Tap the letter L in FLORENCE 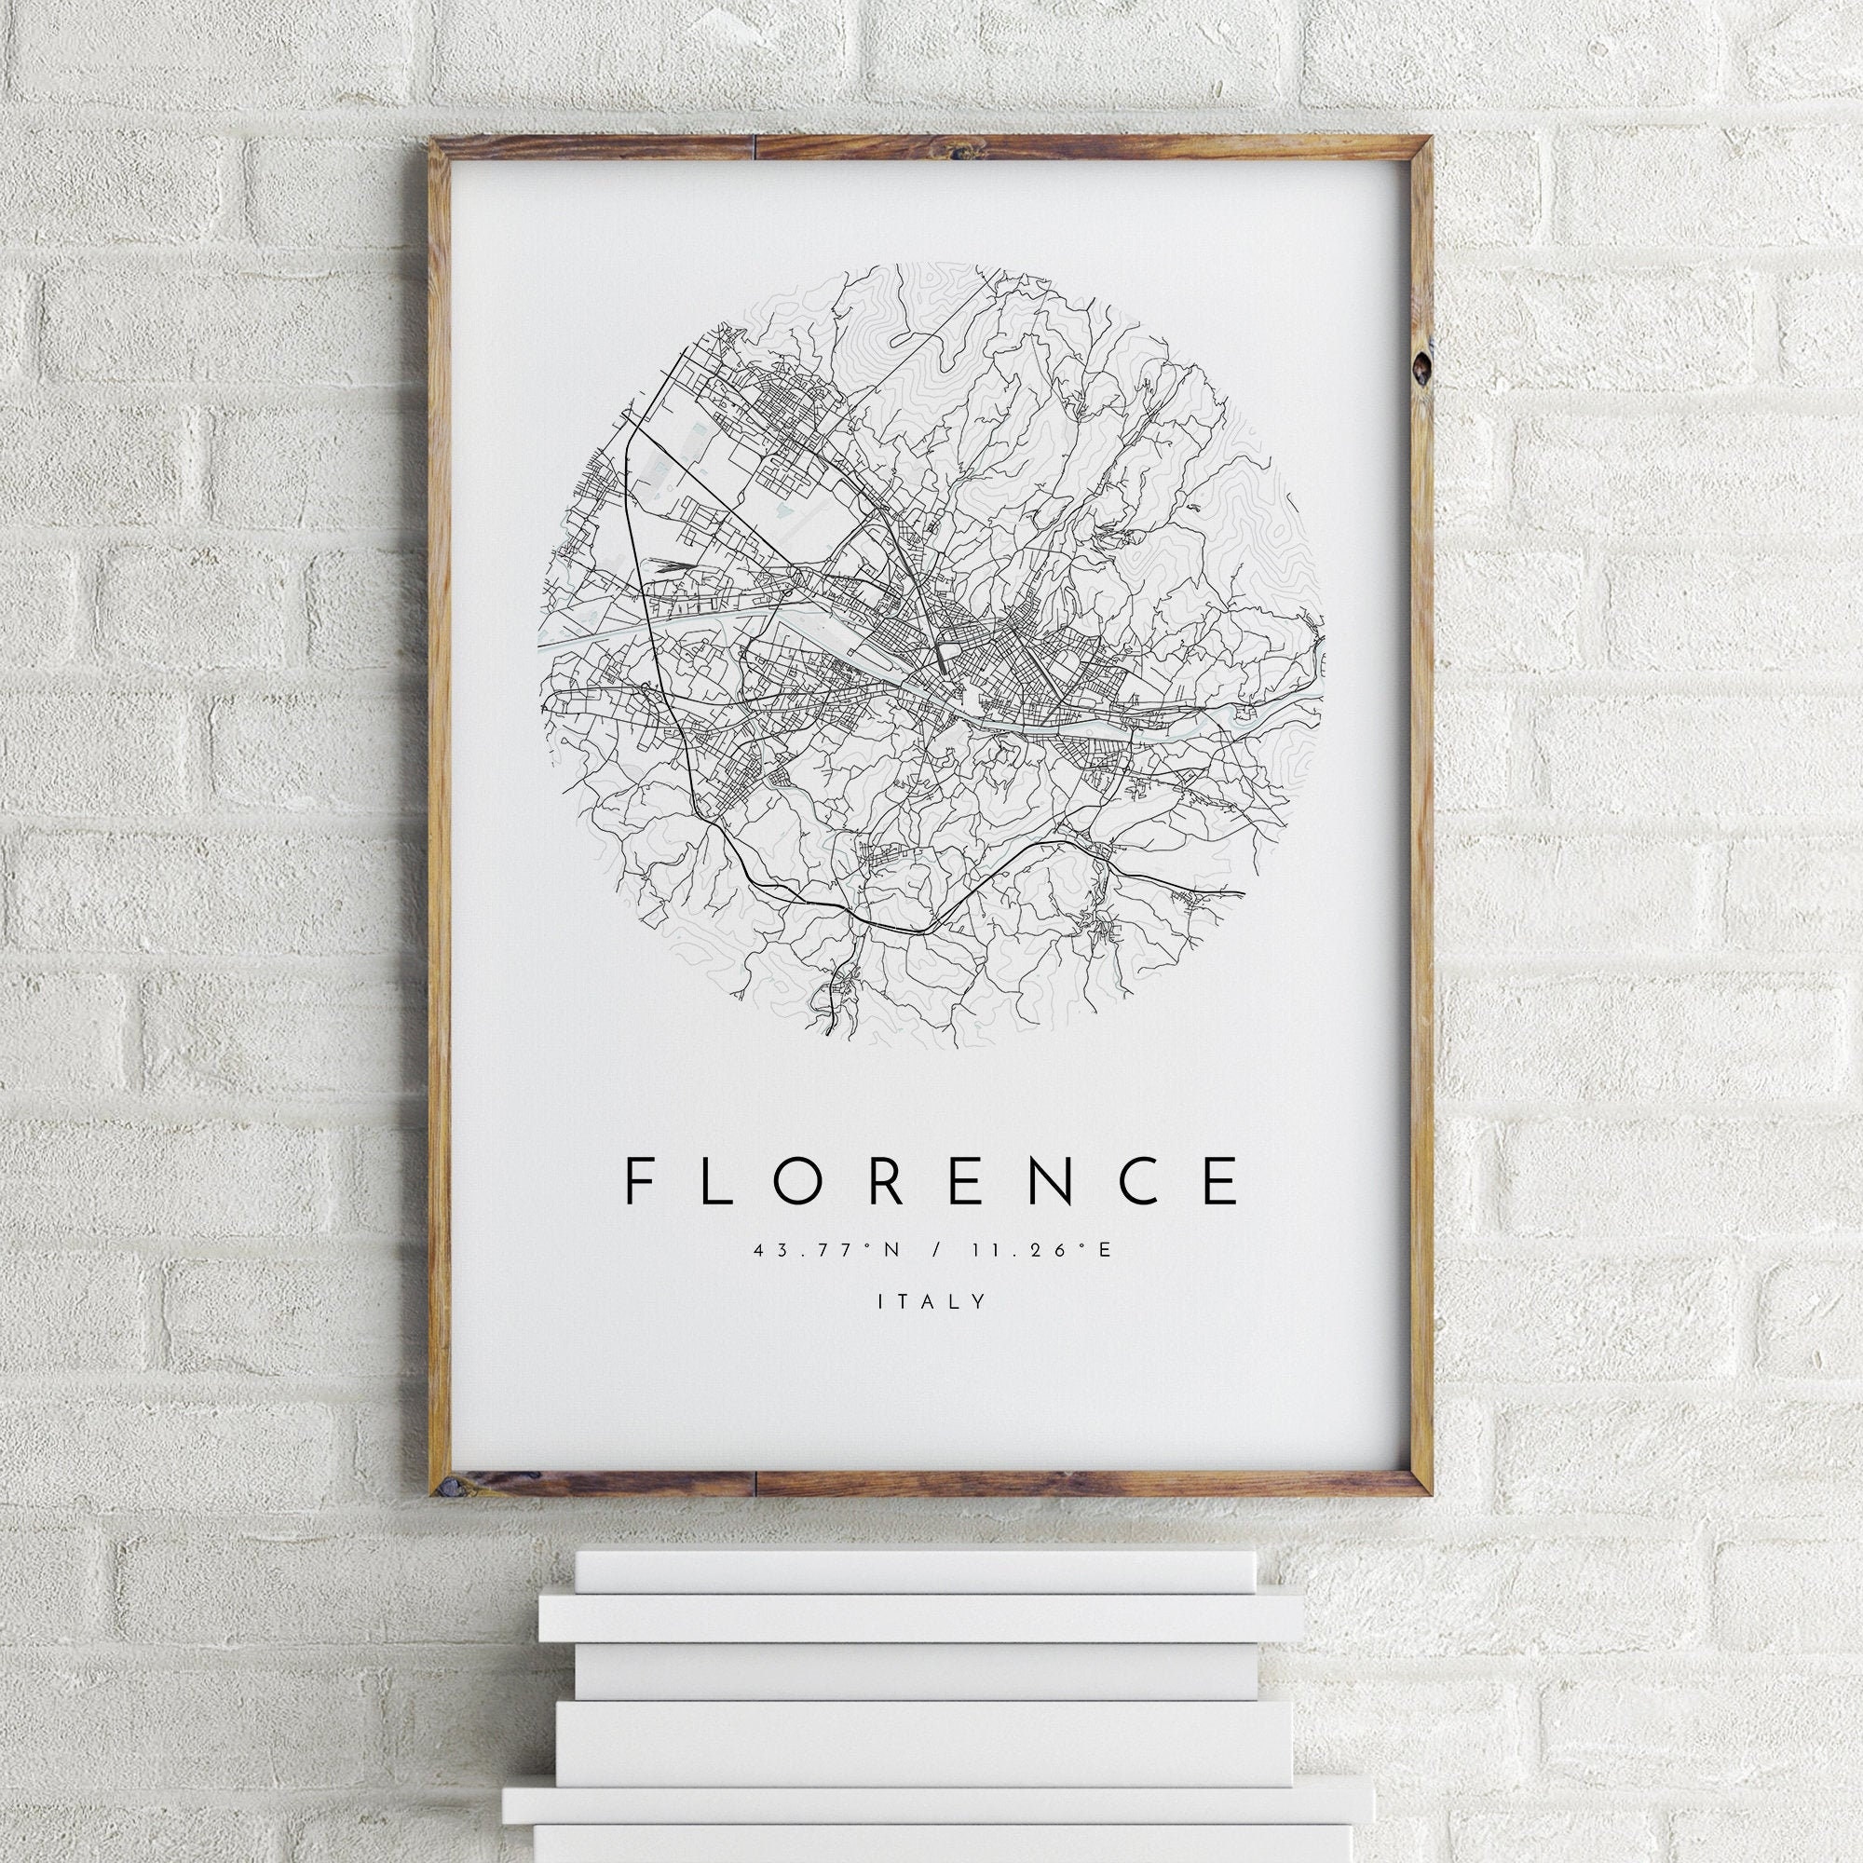pyautogui.click(x=722, y=1180)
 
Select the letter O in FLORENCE pyautogui.click(x=815, y=1180)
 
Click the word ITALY pyautogui.click(x=932, y=1302)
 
